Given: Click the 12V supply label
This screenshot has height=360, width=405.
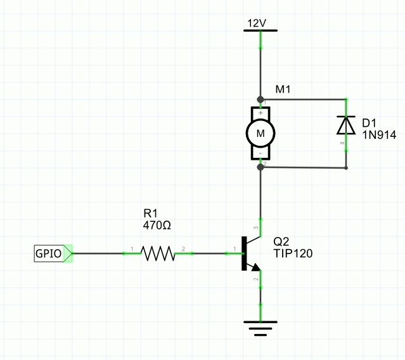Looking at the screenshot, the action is point(257,23).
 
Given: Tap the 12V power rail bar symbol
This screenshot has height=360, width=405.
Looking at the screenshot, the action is point(260,30).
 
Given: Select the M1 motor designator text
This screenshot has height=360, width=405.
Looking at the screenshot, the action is point(283,89).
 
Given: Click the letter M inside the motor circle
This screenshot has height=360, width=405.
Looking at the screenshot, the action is point(260,134).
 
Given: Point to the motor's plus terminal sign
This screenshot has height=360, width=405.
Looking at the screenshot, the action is point(260,113).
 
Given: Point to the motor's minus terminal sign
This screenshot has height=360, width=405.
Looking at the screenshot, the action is point(260,153).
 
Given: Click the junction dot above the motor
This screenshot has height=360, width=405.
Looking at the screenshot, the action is point(260,99).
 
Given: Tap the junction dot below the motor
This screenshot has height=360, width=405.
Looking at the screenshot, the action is point(260,167).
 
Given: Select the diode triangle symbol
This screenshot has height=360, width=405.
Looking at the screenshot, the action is point(346,125).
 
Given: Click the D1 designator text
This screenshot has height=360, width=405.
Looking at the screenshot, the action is point(370,123).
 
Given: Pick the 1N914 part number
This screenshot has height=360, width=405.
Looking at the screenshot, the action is point(379,135).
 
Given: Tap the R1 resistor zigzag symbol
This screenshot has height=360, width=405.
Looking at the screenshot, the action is point(158,254).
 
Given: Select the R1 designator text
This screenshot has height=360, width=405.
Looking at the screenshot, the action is point(150,214).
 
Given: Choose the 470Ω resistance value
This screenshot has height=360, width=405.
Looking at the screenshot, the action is point(157,226).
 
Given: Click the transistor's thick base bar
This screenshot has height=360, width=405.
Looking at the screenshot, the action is point(244,254).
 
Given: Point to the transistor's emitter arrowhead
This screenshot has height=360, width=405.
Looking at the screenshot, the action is point(256,267).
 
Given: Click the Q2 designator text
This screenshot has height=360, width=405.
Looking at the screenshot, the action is point(281,241).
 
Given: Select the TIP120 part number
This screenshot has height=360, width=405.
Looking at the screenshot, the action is point(293,254).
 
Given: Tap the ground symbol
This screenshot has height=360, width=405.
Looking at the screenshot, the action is point(260,328).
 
